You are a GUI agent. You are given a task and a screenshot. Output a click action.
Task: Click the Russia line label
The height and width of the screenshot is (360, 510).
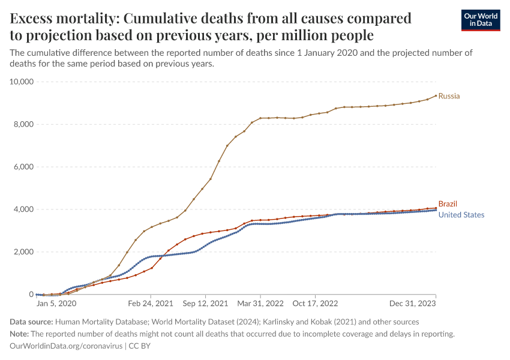(x=449, y=96)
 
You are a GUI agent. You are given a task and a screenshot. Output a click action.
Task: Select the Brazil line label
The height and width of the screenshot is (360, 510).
(x=448, y=204)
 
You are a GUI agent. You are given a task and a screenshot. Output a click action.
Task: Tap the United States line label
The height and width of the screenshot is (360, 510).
(x=461, y=215)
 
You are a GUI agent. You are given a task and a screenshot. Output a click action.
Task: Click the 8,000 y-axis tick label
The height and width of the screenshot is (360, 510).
(x=22, y=124)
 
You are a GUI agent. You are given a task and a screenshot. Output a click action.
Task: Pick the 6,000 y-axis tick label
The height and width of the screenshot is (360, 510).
(x=22, y=167)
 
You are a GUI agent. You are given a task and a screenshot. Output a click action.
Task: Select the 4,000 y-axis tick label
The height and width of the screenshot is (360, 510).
(x=22, y=209)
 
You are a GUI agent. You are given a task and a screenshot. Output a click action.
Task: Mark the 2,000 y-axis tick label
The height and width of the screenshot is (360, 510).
(x=22, y=252)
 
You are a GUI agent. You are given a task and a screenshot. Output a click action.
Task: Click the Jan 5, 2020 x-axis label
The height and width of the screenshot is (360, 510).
(x=56, y=304)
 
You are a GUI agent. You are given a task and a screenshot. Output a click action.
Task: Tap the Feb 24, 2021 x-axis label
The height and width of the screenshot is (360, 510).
(x=151, y=304)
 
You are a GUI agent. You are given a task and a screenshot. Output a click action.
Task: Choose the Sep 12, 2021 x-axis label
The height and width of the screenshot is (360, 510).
(x=206, y=304)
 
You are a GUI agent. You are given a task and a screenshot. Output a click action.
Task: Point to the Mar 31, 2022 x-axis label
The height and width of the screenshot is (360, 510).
(x=260, y=304)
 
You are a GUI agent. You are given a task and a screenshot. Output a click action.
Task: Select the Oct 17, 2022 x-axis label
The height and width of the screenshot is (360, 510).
(x=315, y=304)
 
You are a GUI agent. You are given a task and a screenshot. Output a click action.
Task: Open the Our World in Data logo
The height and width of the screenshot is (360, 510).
(x=481, y=20)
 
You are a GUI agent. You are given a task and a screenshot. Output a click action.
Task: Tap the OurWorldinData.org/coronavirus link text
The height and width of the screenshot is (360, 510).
(x=66, y=346)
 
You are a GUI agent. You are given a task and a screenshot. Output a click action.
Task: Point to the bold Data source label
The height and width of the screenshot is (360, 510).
(x=32, y=322)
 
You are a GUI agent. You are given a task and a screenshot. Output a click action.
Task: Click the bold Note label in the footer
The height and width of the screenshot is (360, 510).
(x=20, y=334)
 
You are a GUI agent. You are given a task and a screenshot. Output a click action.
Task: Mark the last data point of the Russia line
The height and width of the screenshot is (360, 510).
(x=436, y=95)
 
